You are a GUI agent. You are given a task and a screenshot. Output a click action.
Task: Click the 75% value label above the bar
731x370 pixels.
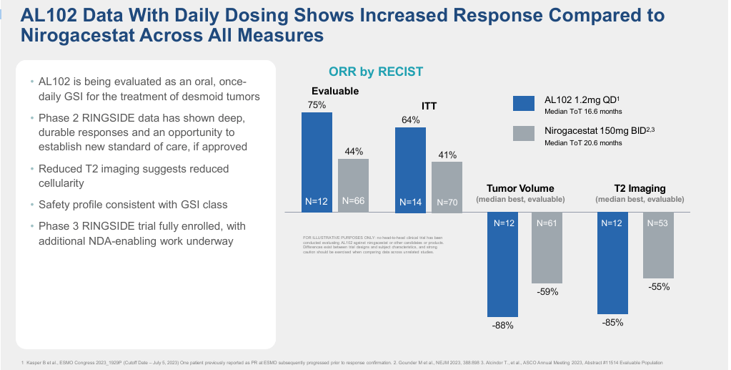pyautogui.click(x=317, y=104)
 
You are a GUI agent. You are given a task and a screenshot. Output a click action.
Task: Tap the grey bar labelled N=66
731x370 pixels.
pyautogui.click(x=353, y=185)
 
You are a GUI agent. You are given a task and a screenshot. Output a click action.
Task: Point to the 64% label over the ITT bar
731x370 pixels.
pyautogui.click(x=411, y=120)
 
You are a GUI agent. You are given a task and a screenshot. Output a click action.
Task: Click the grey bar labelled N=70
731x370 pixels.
pyautogui.click(x=447, y=187)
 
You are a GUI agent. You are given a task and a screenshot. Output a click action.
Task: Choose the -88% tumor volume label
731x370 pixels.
pyautogui.click(x=502, y=326)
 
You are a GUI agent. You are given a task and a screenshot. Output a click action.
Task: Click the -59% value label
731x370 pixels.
pyautogui.click(x=547, y=292)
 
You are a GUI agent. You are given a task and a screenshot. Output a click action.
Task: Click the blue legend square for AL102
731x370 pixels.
pyautogui.click(x=524, y=104)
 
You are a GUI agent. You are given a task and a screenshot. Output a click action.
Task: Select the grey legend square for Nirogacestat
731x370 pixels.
pyautogui.click(x=524, y=134)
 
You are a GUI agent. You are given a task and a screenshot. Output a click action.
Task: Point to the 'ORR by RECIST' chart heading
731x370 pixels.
pyautogui.click(x=376, y=72)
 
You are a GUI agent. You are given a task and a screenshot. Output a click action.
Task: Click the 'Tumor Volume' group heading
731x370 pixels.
pyautogui.click(x=521, y=188)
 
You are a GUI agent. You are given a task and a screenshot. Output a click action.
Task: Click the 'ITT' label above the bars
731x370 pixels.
pyautogui.click(x=429, y=106)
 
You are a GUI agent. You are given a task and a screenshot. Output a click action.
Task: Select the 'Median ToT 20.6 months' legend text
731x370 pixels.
pyautogui.click(x=583, y=143)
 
